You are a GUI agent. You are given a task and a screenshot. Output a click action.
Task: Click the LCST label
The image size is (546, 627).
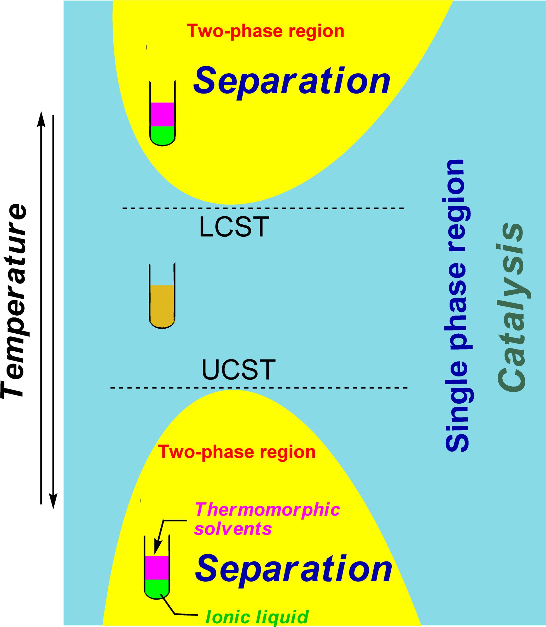click(234, 227)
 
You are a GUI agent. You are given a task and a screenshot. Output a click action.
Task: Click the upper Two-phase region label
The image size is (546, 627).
click(266, 31)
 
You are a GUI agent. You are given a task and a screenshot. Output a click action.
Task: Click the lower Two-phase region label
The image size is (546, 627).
click(237, 452)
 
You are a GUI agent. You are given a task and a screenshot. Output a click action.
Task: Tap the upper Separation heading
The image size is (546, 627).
click(292, 81)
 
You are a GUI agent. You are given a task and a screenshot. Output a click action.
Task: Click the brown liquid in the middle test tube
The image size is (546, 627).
click(162, 305)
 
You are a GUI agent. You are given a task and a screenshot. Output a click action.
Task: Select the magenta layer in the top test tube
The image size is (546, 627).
click(162, 114)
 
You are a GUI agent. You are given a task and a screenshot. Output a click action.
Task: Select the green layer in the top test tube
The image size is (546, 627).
click(162, 135)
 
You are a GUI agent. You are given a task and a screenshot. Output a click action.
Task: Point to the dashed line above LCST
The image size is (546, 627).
click(263, 208)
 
